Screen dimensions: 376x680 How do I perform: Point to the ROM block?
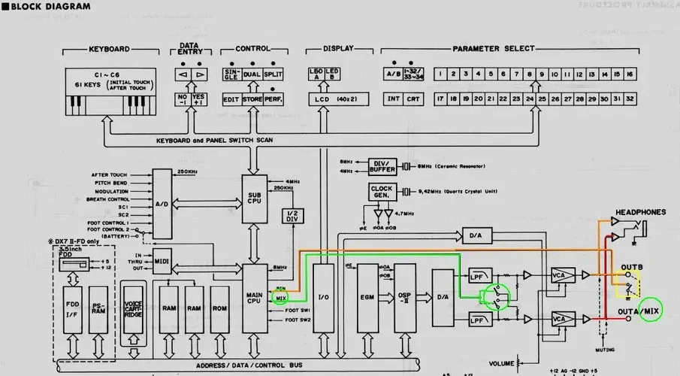(x=220, y=308)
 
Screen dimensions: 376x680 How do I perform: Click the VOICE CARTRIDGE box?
(x=134, y=307)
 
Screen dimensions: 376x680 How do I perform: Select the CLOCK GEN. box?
(x=381, y=192)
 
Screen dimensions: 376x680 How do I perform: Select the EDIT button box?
(x=231, y=99)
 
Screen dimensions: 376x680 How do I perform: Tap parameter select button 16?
(x=630, y=74)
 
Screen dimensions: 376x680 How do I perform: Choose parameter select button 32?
(x=630, y=99)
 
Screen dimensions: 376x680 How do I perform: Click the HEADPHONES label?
(x=641, y=213)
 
